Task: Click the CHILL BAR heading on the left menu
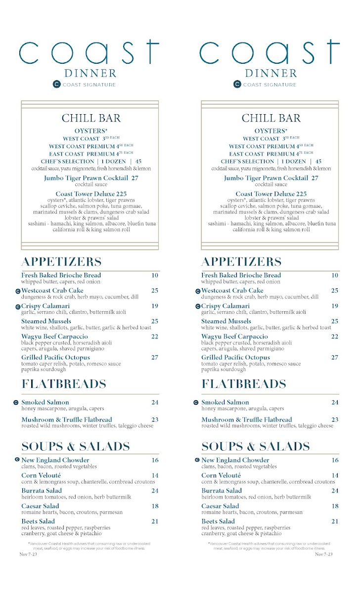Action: [90, 118]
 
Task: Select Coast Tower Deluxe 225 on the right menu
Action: [271, 194]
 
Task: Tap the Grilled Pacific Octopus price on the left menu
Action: [155, 358]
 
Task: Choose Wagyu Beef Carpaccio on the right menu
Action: [234, 337]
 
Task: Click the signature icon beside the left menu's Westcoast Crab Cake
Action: [18, 291]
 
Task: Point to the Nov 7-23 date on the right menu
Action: [324, 554]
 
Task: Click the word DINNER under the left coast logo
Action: [90, 74]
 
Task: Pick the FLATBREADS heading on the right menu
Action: [243, 384]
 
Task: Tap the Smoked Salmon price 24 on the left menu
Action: [155, 403]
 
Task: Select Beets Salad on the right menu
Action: [218, 521]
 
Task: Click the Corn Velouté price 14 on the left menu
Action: [155, 475]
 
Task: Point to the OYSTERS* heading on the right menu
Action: [271, 131]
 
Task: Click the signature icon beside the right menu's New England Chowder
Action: [198, 460]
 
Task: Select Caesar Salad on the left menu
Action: [40, 506]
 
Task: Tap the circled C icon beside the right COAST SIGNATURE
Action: [237, 85]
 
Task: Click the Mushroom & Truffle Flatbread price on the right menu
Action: [335, 420]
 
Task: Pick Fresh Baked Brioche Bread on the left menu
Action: [61, 275]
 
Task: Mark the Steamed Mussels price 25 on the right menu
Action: [335, 322]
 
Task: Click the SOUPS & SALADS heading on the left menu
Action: [75, 447]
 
